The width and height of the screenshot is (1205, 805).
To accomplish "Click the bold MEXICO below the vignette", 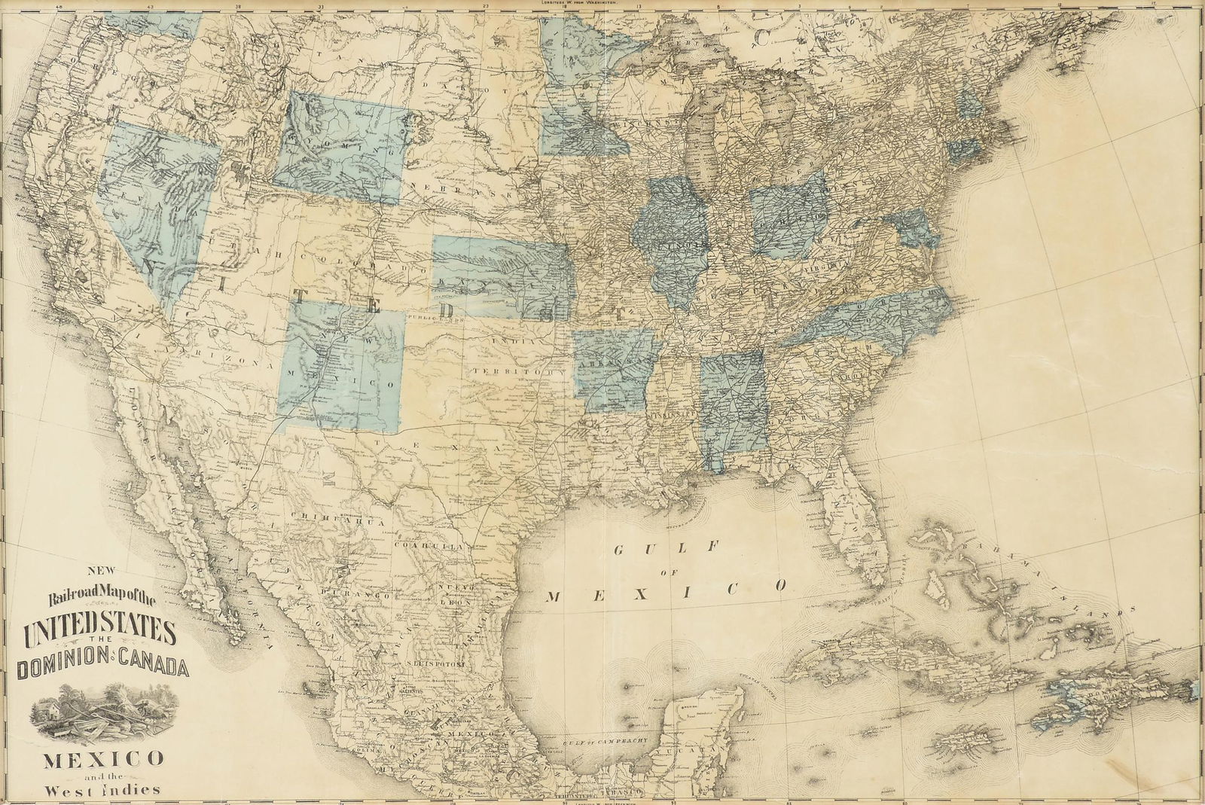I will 101,757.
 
